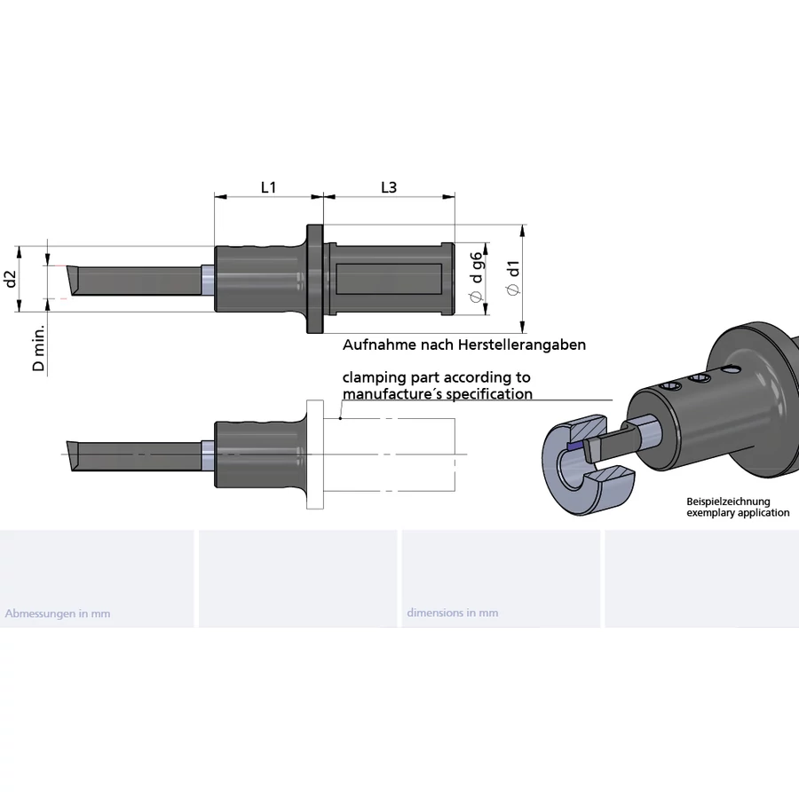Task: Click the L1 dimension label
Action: pyautogui.click(x=268, y=187)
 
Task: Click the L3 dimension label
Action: pyautogui.click(x=388, y=187)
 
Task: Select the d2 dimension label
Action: pyautogui.click(x=12, y=279)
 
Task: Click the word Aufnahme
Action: pyautogui.click(x=373, y=344)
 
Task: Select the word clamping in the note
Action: pyautogui.click(x=374, y=377)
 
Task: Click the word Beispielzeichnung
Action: pyautogui.click(x=728, y=502)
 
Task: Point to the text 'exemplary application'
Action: pyautogui.click(x=737, y=513)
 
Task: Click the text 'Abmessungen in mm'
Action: pyautogui.click(x=58, y=613)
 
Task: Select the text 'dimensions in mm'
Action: pyautogui.click(x=452, y=613)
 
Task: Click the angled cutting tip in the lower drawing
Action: pyautogui.click(x=73, y=455)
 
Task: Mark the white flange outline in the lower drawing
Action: pyautogui.click(x=315, y=455)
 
